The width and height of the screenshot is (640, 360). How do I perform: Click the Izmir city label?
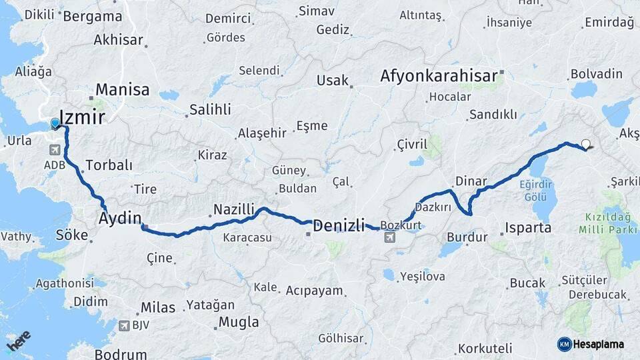tap(83, 119)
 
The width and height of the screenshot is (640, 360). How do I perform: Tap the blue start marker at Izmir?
tap(55, 123)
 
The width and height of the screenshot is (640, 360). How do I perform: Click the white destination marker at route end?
tap(585, 143)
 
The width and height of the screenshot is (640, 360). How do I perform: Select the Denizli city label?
tap(339, 225)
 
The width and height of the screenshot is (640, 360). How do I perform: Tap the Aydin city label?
tap(120, 218)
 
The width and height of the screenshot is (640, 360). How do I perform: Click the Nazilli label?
tap(234, 210)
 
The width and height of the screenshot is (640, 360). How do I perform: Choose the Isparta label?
tap(529, 227)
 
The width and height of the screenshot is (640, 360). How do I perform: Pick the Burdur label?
tap(467, 237)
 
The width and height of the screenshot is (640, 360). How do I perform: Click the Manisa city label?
tap(122, 89)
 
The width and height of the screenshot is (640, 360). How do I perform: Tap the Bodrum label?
tap(121, 354)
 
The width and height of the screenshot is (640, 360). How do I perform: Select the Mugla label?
tap(237, 323)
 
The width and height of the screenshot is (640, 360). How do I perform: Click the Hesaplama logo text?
tap(597, 344)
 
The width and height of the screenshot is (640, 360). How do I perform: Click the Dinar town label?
tap(471, 181)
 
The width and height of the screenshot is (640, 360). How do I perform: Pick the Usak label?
tap(333, 81)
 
